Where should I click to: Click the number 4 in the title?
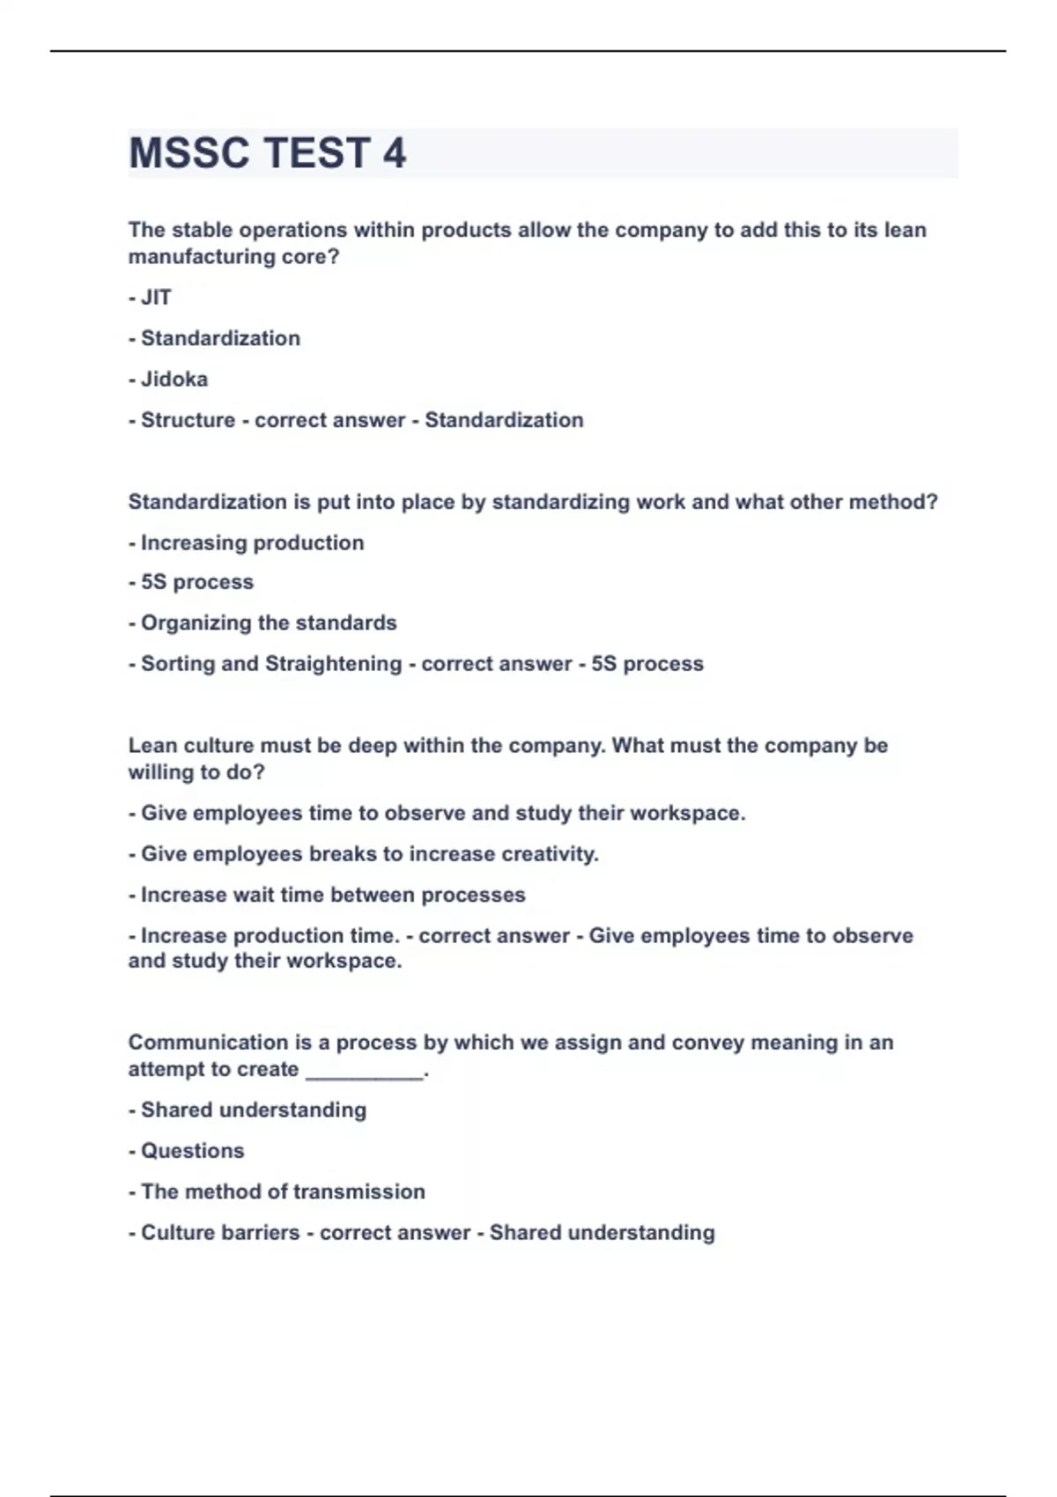pos(395,153)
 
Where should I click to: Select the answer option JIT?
pos(155,298)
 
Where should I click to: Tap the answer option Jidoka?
pos(174,380)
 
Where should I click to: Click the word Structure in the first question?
pos(188,420)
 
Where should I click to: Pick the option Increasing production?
pos(252,542)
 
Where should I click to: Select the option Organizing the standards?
pos(269,623)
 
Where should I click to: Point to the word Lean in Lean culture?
pos(152,745)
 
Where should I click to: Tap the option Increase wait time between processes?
pos(333,895)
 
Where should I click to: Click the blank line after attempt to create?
pos(365,1072)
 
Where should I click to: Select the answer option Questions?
pos(192,1151)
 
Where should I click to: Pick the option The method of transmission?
pos(283,1191)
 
